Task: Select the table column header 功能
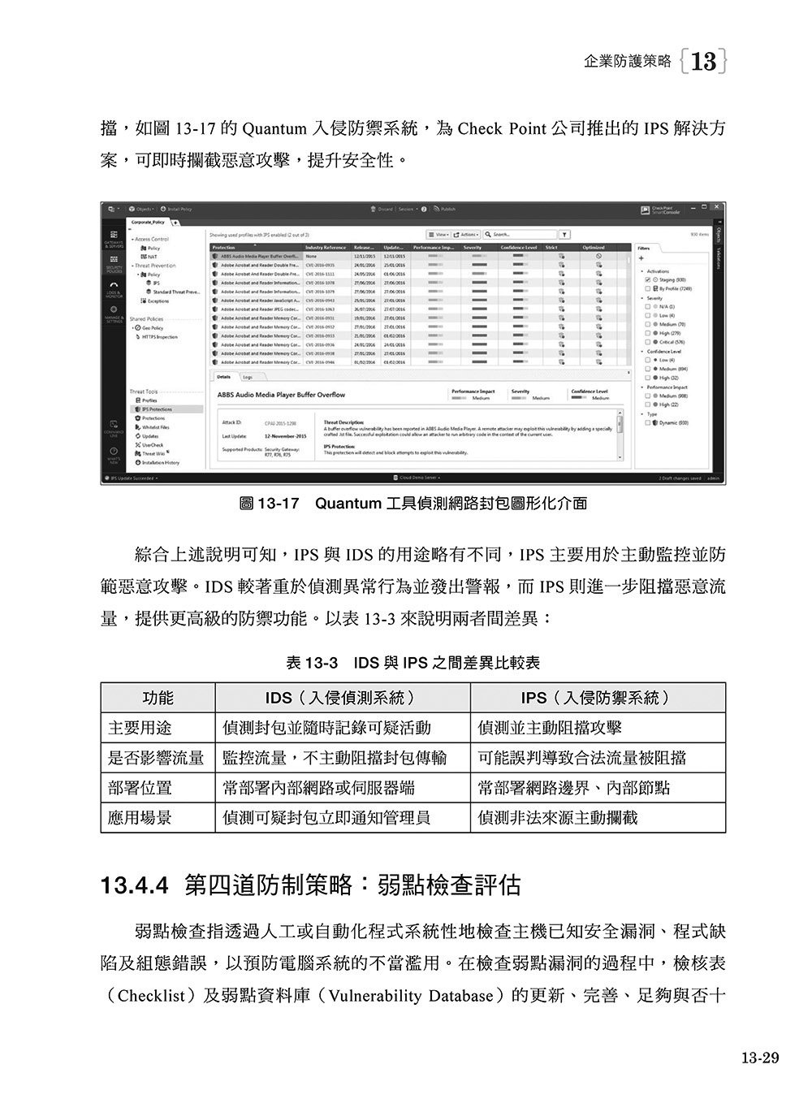158,698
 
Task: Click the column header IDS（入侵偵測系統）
342,698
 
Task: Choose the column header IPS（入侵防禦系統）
597,698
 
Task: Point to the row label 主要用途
140,728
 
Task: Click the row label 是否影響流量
157,758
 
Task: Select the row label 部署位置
140,788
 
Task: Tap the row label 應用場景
140,818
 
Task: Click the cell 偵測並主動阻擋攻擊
550,728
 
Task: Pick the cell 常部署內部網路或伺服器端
319,788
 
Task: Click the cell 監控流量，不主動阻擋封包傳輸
335,758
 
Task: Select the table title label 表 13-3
312,663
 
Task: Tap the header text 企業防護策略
628,61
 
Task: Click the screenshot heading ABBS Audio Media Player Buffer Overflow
281,395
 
